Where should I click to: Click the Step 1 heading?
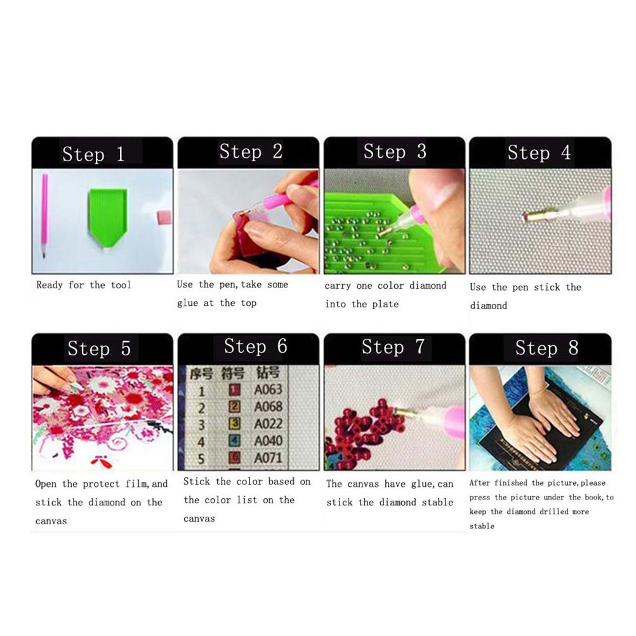(93, 154)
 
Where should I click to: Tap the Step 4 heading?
(539, 153)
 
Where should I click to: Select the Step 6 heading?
(256, 347)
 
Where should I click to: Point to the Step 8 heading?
(547, 348)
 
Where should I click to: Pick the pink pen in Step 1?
(44, 215)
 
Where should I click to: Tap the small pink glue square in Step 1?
(164, 218)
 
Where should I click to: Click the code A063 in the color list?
(268, 390)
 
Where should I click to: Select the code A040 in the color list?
(268, 441)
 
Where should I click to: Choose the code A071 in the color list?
(268, 458)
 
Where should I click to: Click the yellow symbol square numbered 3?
(235, 424)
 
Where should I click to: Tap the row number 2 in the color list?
(202, 408)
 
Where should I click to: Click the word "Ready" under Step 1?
(50, 285)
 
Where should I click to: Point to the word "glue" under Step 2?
(187, 303)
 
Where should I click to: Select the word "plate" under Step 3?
(386, 304)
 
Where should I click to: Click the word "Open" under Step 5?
(46, 484)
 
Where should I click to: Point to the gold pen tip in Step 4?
(527, 216)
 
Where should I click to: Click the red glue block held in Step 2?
(248, 233)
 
